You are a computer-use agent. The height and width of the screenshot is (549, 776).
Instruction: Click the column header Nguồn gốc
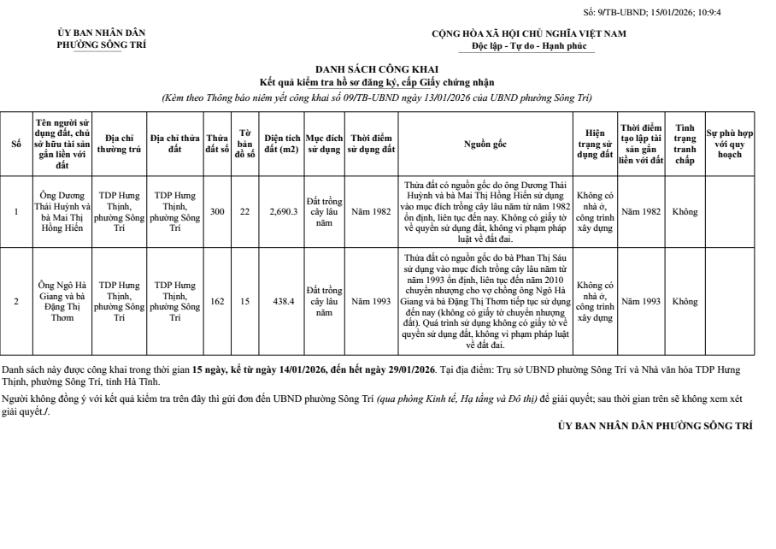click(485, 145)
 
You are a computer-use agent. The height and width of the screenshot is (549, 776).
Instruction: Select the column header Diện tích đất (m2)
click(281, 145)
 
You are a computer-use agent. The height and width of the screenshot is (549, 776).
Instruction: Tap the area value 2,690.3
click(283, 211)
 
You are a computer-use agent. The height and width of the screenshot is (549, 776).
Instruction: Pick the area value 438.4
click(283, 302)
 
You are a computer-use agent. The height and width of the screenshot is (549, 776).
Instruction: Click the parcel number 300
click(217, 211)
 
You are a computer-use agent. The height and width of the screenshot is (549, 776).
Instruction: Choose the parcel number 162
click(217, 302)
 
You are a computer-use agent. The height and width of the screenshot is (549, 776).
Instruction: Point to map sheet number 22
click(244, 211)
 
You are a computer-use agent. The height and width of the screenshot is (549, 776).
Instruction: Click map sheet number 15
click(244, 302)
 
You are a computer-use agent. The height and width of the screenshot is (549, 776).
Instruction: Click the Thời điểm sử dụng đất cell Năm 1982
click(372, 211)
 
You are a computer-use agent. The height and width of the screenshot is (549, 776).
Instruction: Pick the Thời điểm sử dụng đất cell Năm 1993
click(372, 302)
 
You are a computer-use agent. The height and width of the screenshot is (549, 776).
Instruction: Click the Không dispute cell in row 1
click(685, 211)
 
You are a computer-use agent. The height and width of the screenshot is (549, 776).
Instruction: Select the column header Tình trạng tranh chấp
click(685, 144)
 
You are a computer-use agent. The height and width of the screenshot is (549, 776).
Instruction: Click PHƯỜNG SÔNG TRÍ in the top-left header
click(101, 44)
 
